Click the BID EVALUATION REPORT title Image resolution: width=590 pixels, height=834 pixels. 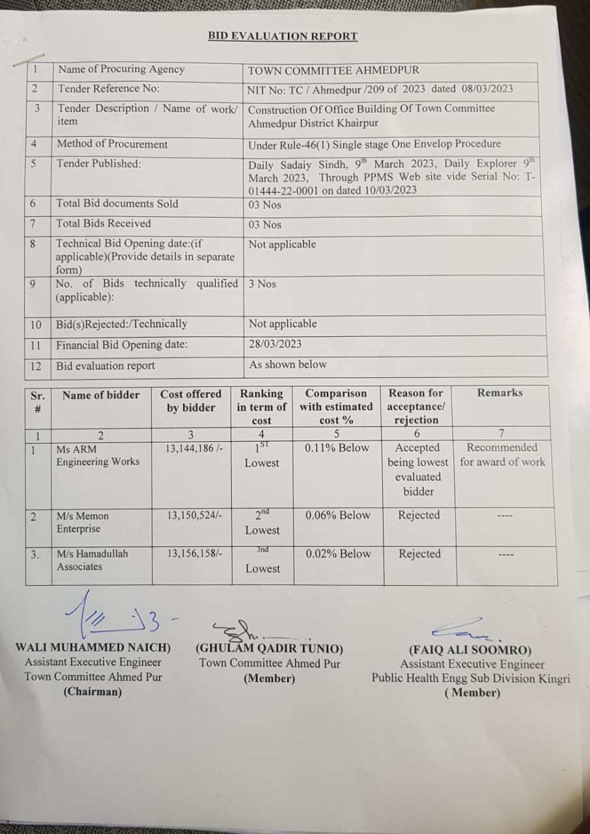tap(283, 36)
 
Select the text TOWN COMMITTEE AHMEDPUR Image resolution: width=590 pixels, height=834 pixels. tap(333, 70)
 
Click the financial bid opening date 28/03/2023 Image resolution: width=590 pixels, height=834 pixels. tap(275, 344)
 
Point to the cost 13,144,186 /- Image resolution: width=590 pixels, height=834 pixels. tap(195, 448)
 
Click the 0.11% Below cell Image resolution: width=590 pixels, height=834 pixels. tap(337, 448)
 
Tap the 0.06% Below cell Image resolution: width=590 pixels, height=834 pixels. tap(337, 515)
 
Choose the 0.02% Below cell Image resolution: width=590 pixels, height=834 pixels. tap(337, 554)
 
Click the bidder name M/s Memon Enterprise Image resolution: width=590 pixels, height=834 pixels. tap(83, 522)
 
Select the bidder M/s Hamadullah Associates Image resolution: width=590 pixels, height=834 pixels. tap(92, 560)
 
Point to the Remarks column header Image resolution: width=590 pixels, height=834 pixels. tap(499, 393)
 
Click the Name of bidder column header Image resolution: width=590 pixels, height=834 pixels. tap(101, 395)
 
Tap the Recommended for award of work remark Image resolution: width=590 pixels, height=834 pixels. tap(502, 455)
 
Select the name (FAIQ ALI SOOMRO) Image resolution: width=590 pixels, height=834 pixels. tap(470, 650)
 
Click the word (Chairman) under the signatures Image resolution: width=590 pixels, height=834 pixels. tap(92, 692)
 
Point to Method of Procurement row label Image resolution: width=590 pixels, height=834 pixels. tap(112, 145)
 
